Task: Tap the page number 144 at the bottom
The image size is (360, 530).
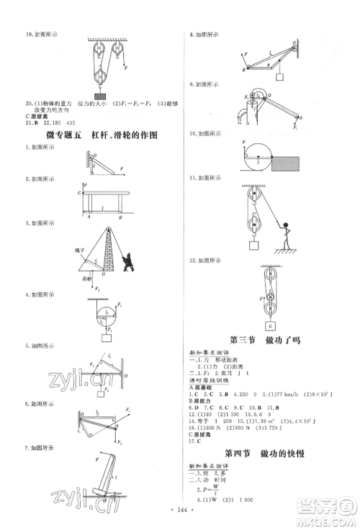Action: pyautogui.click(x=180, y=508)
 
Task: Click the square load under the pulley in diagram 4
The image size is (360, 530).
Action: pyautogui.click(x=107, y=336)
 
